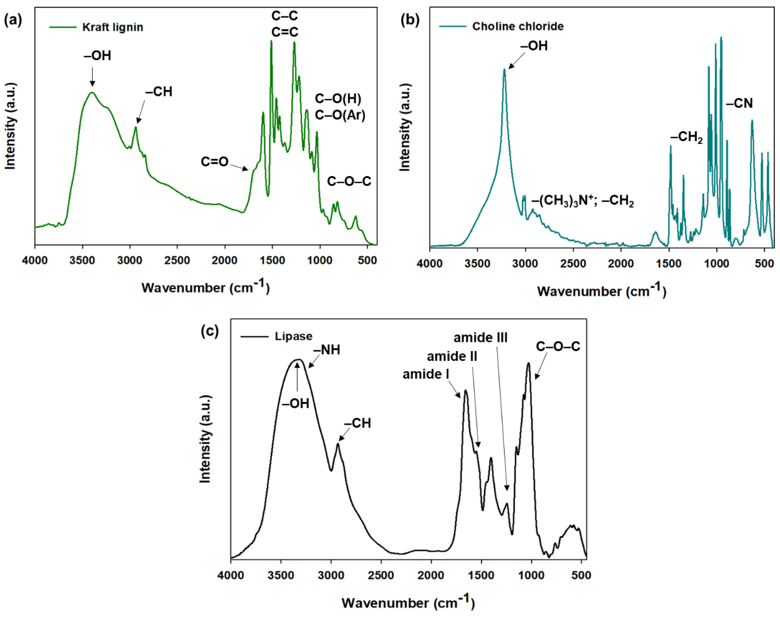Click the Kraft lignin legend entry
pos(112,27)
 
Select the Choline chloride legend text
pos(518,26)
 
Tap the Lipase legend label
pos(293,336)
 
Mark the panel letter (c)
pos(210,331)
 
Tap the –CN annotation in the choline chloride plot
pos(739,104)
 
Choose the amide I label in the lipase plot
pos(425,374)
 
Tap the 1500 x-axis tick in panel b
pos(668,264)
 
